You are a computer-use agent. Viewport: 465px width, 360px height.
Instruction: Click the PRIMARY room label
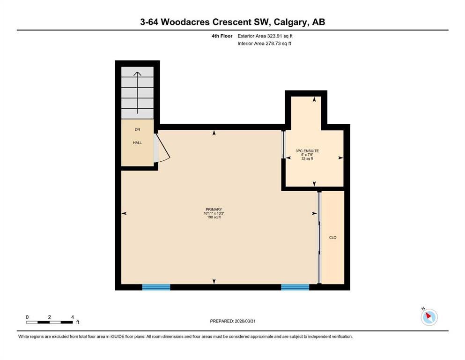pyautogui.click(x=214, y=210)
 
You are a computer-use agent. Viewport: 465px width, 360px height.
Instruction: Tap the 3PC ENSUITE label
pyautogui.click(x=307, y=151)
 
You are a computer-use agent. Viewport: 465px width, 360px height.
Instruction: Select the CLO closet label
pyautogui.click(x=333, y=238)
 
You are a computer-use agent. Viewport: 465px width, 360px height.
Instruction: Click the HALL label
pyautogui.click(x=137, y=142)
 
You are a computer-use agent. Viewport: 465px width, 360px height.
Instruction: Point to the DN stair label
pyautogui.click(x=137, y=129)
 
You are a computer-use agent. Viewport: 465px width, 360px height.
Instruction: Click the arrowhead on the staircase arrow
pyautogui.click(x=137, y=74)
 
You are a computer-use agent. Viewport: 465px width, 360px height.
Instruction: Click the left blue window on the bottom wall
pyautogui.click(x=156, y=287)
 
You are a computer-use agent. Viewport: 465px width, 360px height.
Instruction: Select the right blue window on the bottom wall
pyautogui.click(x=295, y=287)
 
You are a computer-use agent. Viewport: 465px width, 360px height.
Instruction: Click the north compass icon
pyautogui.click(x=429, y=317)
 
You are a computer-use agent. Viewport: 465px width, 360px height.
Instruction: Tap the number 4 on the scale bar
pyautogui.click(x=73, y=317)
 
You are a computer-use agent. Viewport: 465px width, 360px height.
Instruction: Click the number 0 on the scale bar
pyautogui.click(x=27, y=317)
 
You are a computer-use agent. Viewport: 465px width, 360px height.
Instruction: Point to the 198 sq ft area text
pyautogui.click(x=214, y=217)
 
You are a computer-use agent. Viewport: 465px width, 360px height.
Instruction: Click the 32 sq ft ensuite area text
pyautogui.click(x=307, y=158)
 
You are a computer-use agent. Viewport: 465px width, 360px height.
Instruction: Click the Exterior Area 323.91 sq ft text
pyautogui.click(x=265, y=36)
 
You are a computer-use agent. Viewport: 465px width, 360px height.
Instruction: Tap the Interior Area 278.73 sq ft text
pyautogui.click(x=264, y=43)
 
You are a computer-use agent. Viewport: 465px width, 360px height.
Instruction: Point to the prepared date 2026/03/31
pyautogui.click(x=245, y=321)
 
